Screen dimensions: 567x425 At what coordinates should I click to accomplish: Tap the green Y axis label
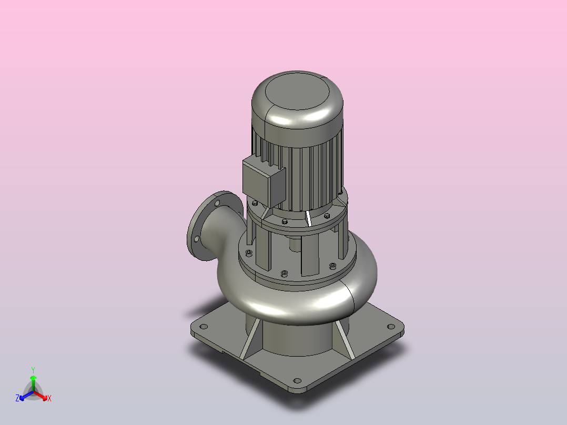click(x=33, y=370)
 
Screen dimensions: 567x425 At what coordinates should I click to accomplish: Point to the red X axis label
click(x=49, y=398)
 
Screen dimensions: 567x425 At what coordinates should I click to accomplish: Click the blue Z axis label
click(x=17, y=398)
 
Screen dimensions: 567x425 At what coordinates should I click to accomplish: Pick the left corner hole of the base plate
click(x=204, y=327)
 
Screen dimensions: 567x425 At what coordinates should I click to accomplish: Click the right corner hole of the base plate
click(x=391, y=327)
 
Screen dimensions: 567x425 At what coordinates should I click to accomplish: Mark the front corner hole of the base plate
click(x=297, y=380)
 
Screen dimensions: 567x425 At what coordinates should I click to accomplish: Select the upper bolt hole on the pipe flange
click(x=217, y=204)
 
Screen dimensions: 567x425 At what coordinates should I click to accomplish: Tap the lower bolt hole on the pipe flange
click(x=197, y=239)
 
